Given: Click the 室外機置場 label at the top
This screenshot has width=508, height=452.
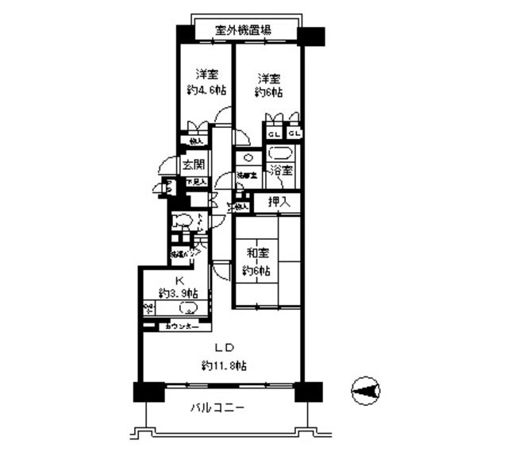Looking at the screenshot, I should click(x=244, y=32).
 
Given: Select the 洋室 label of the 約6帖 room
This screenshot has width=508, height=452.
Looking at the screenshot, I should click(x=269, y=79).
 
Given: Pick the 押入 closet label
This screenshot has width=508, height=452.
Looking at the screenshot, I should click(x=279, y=202).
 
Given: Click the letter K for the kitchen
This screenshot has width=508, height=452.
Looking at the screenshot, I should click(x=179, y=280).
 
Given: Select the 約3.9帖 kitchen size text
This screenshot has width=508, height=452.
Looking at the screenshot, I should click(x=179, y=294).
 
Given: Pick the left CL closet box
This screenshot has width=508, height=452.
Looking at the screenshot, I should click(x=272, y=133).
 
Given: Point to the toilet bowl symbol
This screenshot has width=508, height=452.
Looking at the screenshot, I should click(x=182, y=222).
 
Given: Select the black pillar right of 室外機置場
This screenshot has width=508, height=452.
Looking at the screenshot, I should click(x=311, y=36).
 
